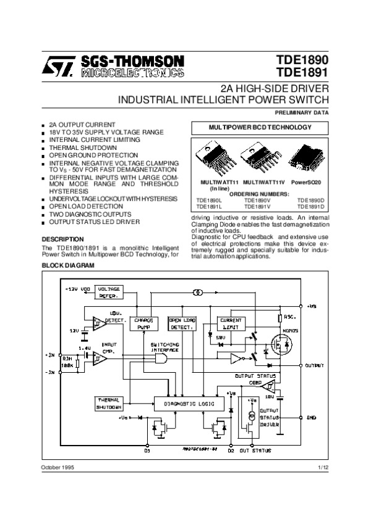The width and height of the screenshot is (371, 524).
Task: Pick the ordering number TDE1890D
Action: pyautogui.click(x=311, y=200)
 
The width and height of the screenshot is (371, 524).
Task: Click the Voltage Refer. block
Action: pyautogui.click(x=108, y=292)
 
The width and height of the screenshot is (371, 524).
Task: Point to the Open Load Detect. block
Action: pyautogui.click(x=182, y=323)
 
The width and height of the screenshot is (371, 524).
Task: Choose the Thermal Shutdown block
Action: pyautogui.click(x=109, y=404)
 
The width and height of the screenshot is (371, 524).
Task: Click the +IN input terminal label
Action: pyautogui.click(x=51, y=355)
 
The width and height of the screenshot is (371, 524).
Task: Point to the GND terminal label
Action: pyautogui.click(x=312, y=418)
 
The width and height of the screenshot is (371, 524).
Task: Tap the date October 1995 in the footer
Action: pyautogui.click(x=58, y=469)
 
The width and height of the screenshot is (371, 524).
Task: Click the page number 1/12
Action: pyautogui.click(x=323, y=469)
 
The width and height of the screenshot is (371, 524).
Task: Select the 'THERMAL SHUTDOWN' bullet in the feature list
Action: pyautogui.click(x=83, y=148)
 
